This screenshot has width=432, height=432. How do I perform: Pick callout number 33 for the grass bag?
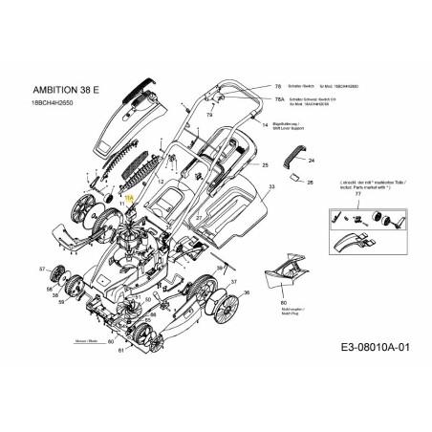(x=271, y=187)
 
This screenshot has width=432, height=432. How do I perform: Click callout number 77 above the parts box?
(x=358, y=193)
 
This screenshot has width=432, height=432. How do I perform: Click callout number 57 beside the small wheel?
(x=43, y=270)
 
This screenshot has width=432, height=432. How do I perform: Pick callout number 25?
(x=265, y=165)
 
